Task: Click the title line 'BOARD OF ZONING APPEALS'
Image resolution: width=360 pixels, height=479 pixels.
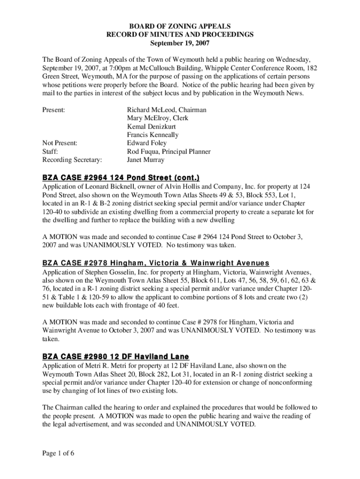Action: [x=180, y=27]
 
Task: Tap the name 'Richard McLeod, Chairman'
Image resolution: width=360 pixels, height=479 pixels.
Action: [x=166, y=109]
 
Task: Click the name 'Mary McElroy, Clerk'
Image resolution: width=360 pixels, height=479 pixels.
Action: [x=158, y=118]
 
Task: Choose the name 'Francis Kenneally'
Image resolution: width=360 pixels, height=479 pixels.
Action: [x=153, y=135]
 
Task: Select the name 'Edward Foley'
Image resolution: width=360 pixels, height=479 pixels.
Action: [x=147, y=143]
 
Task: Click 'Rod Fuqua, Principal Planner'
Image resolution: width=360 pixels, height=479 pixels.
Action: [x=169, y=152]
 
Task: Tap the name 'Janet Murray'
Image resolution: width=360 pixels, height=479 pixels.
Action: [x=146, y=160]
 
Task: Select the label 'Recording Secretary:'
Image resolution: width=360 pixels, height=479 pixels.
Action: [x=72, y=160]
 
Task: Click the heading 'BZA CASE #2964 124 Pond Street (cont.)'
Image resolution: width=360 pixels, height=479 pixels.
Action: [x=121, y=178]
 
